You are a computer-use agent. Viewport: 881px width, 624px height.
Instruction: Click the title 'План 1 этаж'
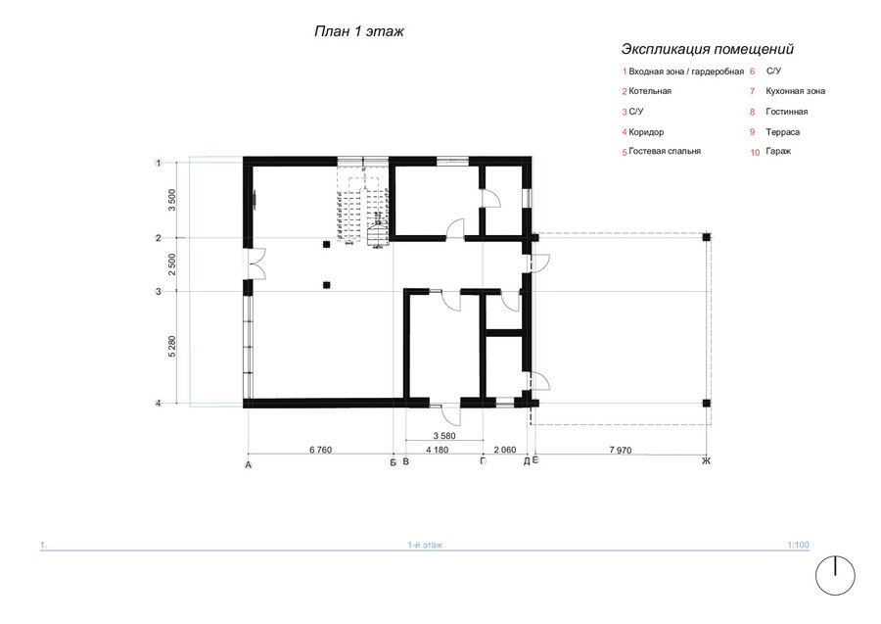pos(358,31)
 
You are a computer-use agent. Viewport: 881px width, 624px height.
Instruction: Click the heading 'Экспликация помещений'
pos(708,49)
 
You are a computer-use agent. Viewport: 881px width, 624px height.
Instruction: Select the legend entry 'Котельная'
pos(650,91)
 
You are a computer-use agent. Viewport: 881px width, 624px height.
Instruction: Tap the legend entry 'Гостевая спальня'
pos(665,151)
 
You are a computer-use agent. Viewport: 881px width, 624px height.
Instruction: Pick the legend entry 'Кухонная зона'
pos(795,91)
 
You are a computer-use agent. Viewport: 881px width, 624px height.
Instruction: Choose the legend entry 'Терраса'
pos(783,132)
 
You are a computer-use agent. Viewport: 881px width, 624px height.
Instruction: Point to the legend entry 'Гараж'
pos(778,151)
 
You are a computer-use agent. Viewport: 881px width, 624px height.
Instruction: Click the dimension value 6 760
pos(321,450)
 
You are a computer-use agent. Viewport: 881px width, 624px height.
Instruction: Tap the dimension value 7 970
pos(621,450)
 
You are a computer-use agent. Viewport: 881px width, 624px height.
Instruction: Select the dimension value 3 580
pos(444,436)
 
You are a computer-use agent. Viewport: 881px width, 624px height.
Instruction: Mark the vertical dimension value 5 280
pos(172,347)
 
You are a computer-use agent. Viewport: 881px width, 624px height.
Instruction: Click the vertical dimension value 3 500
pos(172,200)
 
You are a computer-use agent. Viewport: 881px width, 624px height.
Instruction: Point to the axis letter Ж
pos(706,461)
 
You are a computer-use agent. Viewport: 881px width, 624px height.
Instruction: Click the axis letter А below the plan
pos(249,465)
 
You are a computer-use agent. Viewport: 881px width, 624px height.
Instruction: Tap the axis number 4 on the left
pos(159,403)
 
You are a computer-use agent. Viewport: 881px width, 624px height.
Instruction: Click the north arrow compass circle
pos(835,576)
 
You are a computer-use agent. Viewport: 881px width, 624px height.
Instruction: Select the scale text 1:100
pos(798,545)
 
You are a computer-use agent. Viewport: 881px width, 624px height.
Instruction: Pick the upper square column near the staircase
pos(326,244)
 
